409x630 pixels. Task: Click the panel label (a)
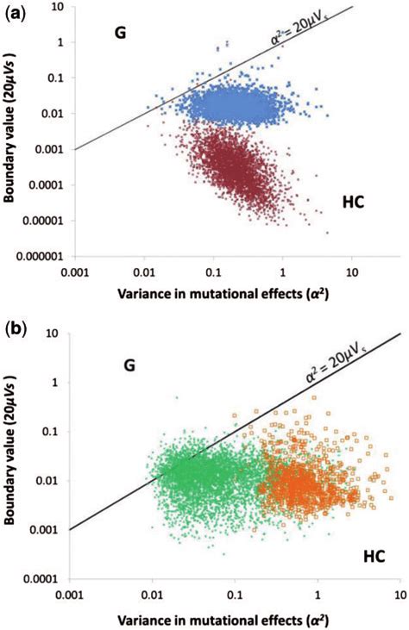[x=19, y=11]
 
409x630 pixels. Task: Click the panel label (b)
[x=19, y=328]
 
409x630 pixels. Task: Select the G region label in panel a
[x=121, y=34]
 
